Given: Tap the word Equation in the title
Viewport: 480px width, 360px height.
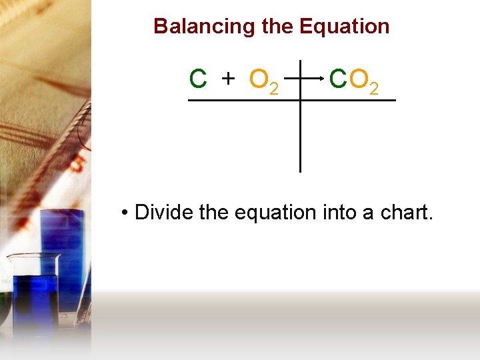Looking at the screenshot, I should (344, 27).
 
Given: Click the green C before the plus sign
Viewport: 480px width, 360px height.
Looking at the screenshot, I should (198, 79).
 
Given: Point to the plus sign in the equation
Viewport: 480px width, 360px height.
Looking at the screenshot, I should (229, 79).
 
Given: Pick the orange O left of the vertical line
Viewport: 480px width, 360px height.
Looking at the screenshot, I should (258, 79).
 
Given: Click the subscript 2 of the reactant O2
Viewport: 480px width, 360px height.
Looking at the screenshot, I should (273, 89).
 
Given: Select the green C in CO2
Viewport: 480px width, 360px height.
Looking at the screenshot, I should (338, 79).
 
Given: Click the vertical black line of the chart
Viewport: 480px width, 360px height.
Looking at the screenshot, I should (300, 133).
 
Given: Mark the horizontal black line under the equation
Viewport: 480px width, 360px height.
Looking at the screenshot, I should (240, 101).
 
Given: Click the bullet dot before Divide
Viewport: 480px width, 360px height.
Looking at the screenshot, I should (125, 213).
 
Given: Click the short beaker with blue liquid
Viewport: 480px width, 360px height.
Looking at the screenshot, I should (33, 293).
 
